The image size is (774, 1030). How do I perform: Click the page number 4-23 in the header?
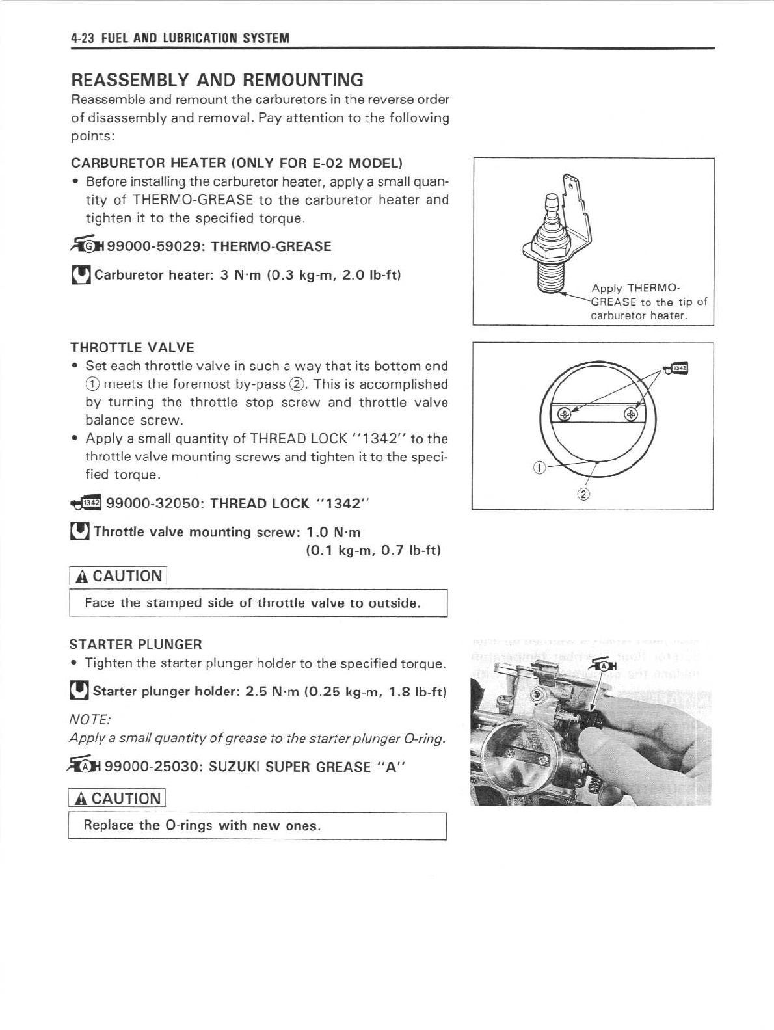(x=83, y=38)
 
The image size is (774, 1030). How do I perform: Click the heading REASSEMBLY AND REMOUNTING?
(x=217, y=80)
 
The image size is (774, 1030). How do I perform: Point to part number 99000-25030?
(x=153, y=767)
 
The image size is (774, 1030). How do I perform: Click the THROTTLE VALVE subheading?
(x=133, y=347)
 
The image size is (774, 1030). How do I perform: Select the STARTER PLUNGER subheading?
(x=136, y=644)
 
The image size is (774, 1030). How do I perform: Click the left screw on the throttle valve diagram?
(x=565, y=414)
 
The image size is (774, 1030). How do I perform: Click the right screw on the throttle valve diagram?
(x=630, y=414)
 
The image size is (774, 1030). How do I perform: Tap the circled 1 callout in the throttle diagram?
(x=538, y=466)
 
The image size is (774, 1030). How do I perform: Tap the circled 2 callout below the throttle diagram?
(x=583, y=495)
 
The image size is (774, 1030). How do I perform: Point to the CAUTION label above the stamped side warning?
(x=119, y=576)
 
